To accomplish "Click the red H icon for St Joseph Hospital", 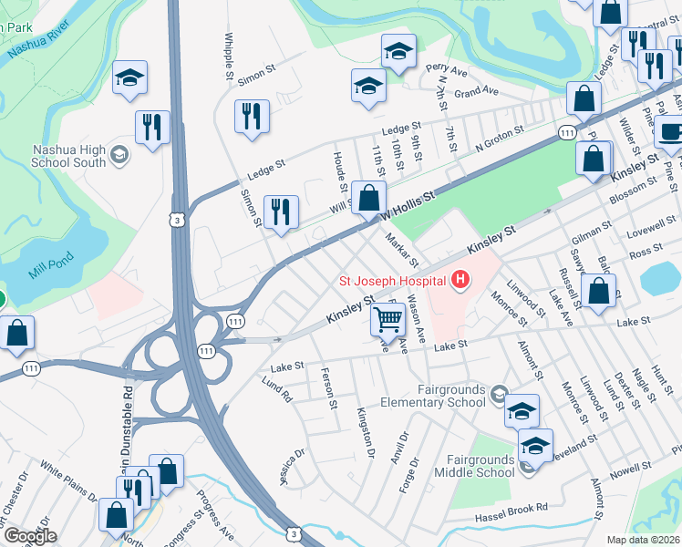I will pos(462,278).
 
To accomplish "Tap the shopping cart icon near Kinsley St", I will pos(388,319).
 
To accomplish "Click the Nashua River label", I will pos(38,42).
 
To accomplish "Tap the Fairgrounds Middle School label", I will pos(481,466).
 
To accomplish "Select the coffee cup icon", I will pos(670,131).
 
